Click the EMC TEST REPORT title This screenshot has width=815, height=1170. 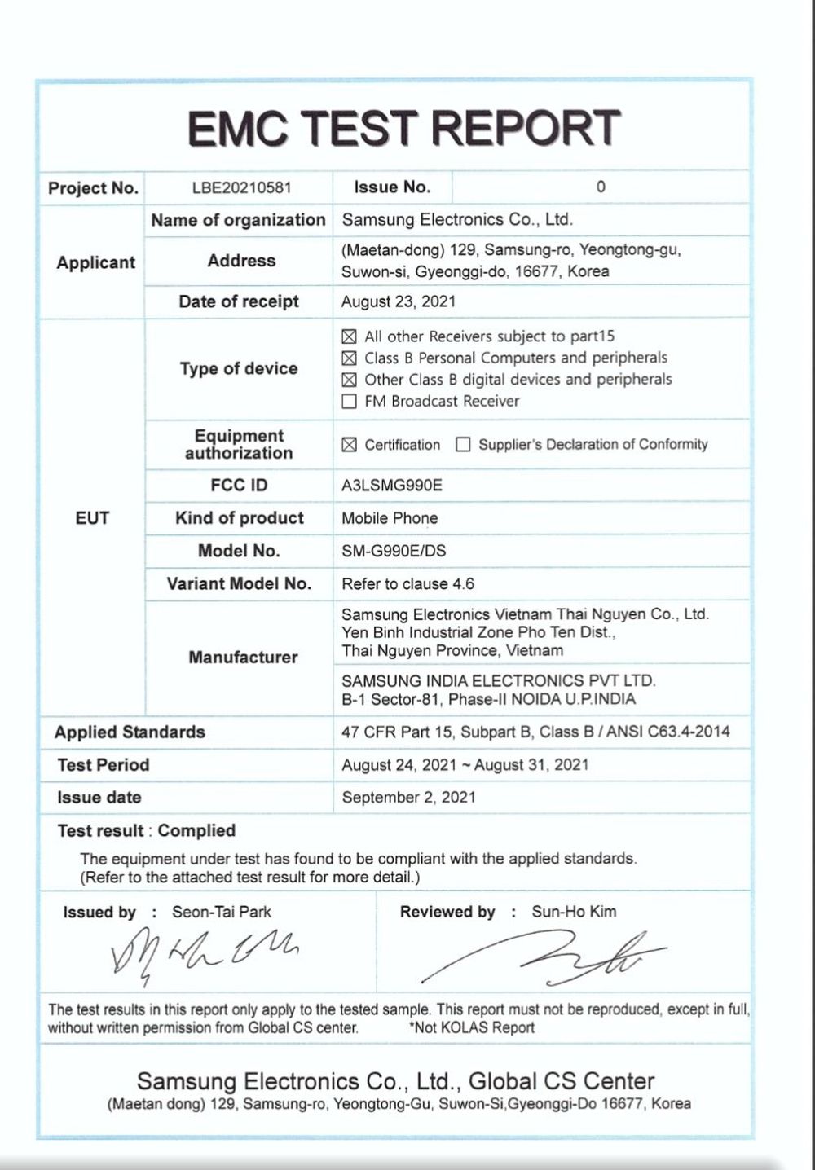click(x=404, y=128)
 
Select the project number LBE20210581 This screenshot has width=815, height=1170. click(x=241, y=187)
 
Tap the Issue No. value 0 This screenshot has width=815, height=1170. click(x=601, y=187)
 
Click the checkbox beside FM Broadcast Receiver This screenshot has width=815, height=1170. click(x=350, y=401)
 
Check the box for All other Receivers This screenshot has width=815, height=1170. click(x=350, y=336)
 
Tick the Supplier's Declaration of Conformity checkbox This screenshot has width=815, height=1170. click(x=463, y=444)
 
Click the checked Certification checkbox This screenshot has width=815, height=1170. click(x=350, y=444)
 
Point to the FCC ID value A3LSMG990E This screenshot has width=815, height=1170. click(x=392, y=486)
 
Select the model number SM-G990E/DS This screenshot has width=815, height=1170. click(x=394, y=551)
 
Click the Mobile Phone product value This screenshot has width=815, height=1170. click(x=390, y=518)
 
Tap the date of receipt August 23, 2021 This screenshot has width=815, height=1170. click(x=399, y=301)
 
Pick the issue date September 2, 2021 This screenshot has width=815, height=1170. click(x=408, y=797)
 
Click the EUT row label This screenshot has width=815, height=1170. click(x=92, y=518)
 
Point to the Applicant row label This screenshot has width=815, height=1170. click(x=95, y=262)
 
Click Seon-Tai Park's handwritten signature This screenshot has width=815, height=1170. click(x=204, y=949)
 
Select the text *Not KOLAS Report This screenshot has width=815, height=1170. click(x=472, y=1027)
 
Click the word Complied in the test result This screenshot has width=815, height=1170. click(x=196, y=830)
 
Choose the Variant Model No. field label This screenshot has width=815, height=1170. click(x=239, y=583)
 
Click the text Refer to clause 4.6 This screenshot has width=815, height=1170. click(x=407, y=583)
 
